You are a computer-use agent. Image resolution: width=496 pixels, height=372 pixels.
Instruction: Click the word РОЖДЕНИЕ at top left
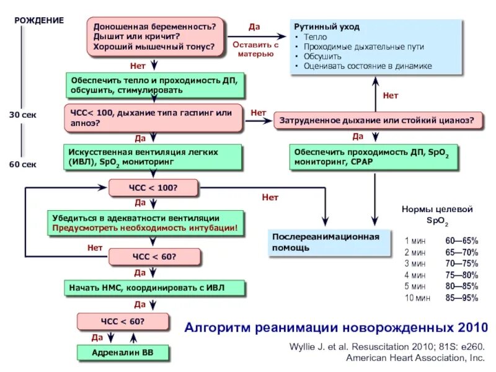(x=39, y=20)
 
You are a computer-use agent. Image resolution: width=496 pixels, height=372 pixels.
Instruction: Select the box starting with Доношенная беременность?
(x=155, y=37)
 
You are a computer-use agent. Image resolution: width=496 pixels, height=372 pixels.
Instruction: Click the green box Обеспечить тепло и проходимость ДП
(x=155, y=85)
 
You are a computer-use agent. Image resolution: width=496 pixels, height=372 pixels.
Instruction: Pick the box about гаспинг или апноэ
(x=155, y=118)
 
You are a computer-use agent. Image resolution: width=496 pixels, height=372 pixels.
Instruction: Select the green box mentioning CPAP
(x=374, y=157)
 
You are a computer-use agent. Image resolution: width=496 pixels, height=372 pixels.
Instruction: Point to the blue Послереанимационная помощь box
(x=330, y=242)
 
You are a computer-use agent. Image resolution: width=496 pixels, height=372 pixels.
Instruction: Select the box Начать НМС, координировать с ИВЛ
(x=155, y=288)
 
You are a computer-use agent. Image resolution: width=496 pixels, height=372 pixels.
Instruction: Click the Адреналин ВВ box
(x=123, y=352)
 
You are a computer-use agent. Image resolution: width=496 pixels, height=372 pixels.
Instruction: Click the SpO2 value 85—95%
(x=461, y=298)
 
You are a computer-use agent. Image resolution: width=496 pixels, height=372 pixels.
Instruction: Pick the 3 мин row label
(x=415, y=263)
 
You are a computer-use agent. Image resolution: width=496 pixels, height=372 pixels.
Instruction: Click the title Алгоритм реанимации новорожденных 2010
(x=337, y=327)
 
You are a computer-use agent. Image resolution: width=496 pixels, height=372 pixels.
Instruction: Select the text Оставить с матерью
(x=255, y=49)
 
